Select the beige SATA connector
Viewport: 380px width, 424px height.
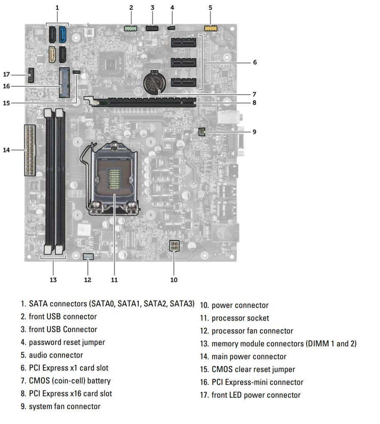point(53,54)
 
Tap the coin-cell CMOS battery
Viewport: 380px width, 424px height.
point(154,82)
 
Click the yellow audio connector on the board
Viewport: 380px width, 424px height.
point(210,28)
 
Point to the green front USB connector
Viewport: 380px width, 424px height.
point(131,28)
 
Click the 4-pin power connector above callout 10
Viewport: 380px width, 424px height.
point(174,246)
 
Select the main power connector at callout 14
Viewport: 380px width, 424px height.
point(30,150)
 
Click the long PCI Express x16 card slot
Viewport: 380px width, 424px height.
point(144,102)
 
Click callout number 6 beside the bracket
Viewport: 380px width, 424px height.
point(255,62)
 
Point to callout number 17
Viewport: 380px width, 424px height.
point(7,74)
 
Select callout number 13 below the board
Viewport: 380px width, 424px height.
point(53,279)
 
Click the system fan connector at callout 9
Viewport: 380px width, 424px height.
point(201,132)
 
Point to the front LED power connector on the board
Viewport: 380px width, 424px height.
point(31,75)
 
